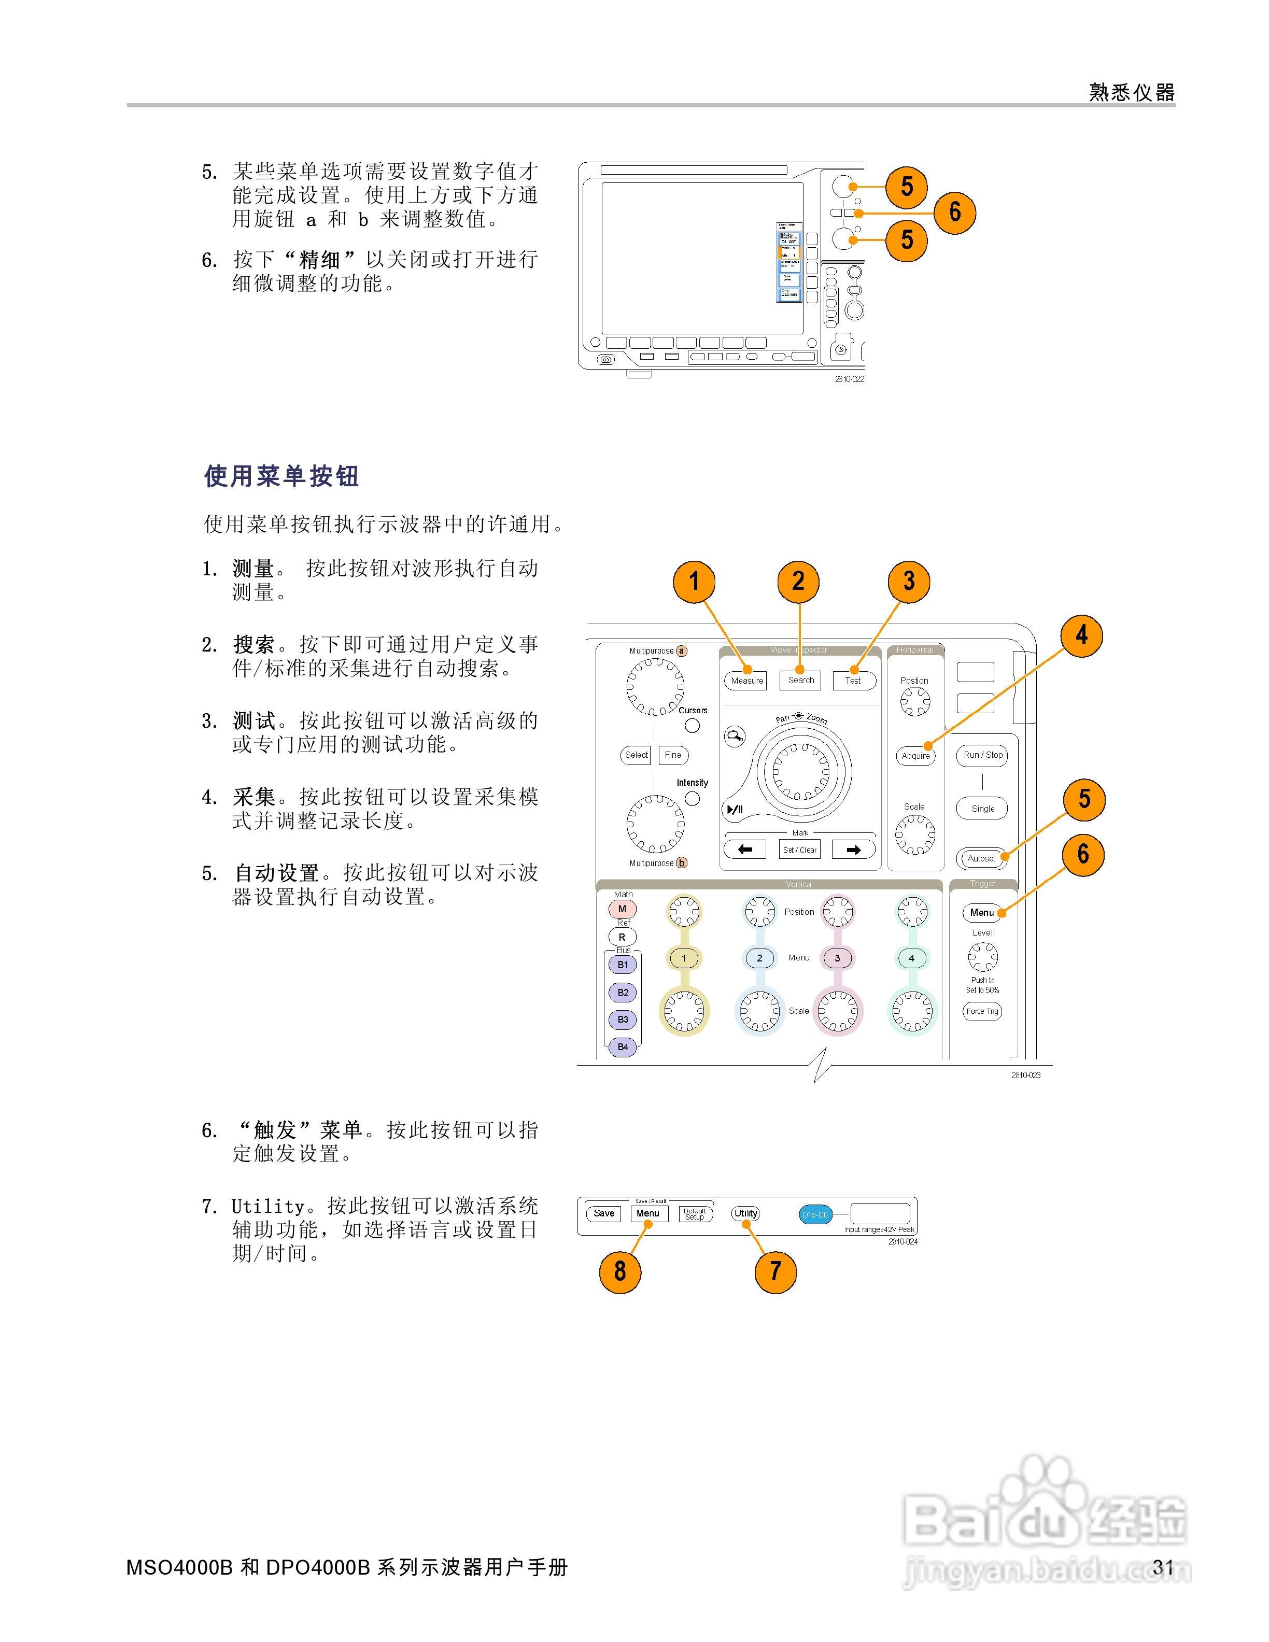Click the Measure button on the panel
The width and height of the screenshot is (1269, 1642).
pos(746,681)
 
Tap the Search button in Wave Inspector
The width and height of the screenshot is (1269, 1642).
pos(801,680)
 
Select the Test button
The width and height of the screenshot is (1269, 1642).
pos(853,681)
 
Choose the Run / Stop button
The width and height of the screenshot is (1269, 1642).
pos(982,755)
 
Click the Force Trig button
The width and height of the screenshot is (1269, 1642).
pos(982,1011)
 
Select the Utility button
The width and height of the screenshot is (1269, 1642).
pos(746,1213)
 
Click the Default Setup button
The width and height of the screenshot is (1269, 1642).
pos(695,1213)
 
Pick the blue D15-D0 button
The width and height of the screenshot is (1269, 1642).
pos(814,1214)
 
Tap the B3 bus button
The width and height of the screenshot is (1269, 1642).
pos(623,1020)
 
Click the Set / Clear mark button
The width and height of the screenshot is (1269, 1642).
pos(799,850)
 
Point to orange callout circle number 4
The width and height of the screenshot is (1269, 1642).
pos(1081,635)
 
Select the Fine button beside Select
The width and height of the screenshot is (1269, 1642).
pos(673,755)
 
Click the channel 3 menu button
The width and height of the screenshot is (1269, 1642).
pos(837,958)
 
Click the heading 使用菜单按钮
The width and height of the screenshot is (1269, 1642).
pos(282,476)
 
